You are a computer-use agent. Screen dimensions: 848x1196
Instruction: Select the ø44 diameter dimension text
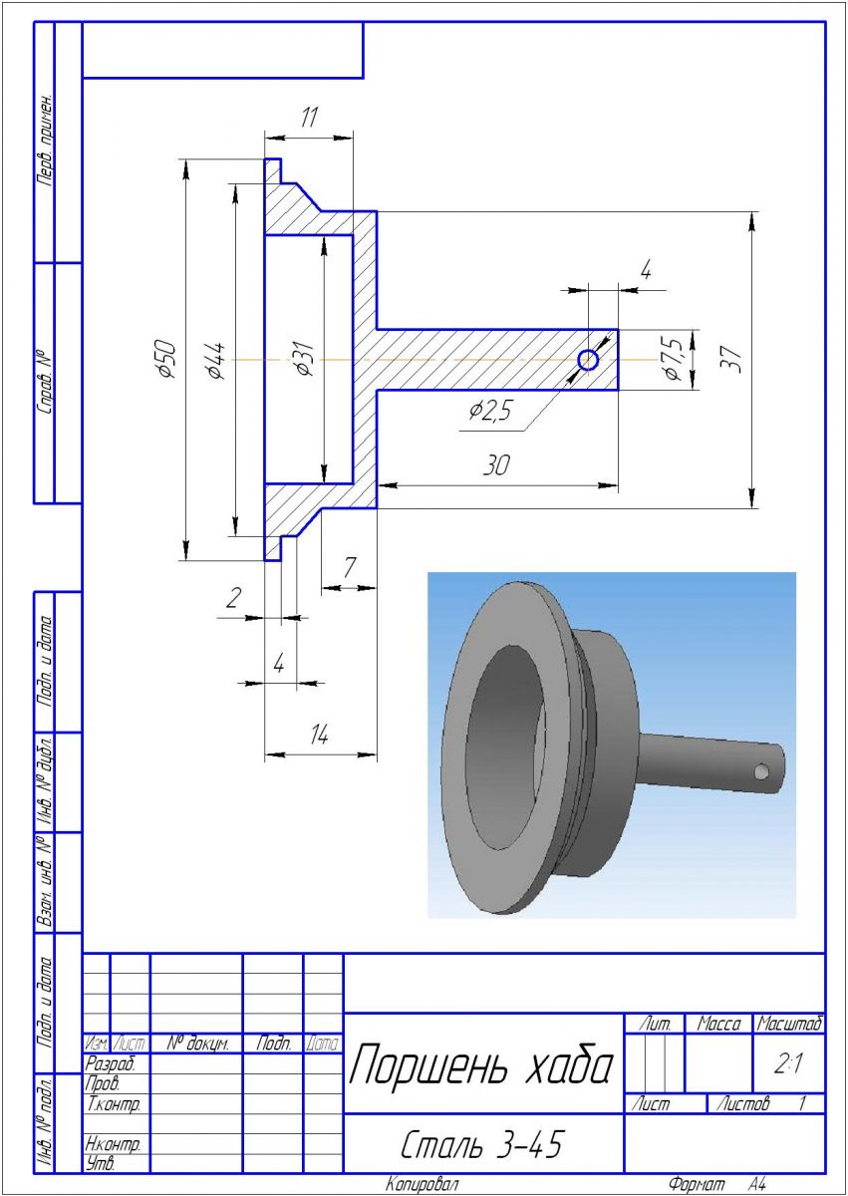pyautogui.click(x=216, y=361)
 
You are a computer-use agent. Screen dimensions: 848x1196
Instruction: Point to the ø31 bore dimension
pyautogui.click(x=305, y=358)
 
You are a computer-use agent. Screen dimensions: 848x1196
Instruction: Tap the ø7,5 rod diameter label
pyautogui.click(x=673, y=358)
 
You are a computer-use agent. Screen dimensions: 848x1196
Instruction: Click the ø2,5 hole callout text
pyautogui.click(x=490, y=411)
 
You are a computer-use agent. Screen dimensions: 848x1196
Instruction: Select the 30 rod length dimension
pyautogui.click(x=496, y=465)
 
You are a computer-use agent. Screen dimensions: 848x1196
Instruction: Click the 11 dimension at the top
pyautogui.click(x=309, y=118)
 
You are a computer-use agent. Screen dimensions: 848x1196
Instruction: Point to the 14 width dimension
pyautogui.click(x=319, y=735)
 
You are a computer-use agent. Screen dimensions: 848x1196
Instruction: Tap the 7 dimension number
pyautogui.click(x=349, y=567)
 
